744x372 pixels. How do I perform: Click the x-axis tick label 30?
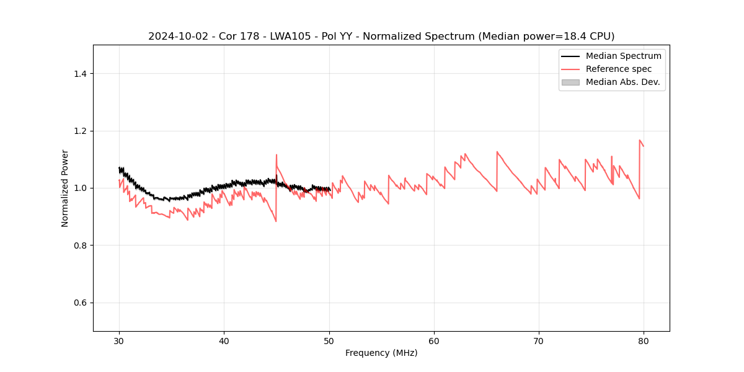coord(119,340)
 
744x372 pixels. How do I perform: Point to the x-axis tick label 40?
coord(224,340)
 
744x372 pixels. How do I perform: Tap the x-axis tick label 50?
coord(329,340)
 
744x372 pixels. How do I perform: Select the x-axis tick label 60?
coord(434,340)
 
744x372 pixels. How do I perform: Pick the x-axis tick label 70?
coord(539,340)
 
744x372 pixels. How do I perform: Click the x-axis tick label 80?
coord(644,340)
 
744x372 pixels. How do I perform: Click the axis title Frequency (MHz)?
coord(381,353)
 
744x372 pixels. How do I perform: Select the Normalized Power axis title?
coord(65,188)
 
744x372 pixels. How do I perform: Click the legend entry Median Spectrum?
coord(623,56)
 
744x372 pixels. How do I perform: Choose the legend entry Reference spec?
coord(619,69)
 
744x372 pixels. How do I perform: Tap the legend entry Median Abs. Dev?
coord(623,82)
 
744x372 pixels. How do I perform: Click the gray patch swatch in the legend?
coord(570,82)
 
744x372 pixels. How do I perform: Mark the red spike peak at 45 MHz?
coord(277,155)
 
